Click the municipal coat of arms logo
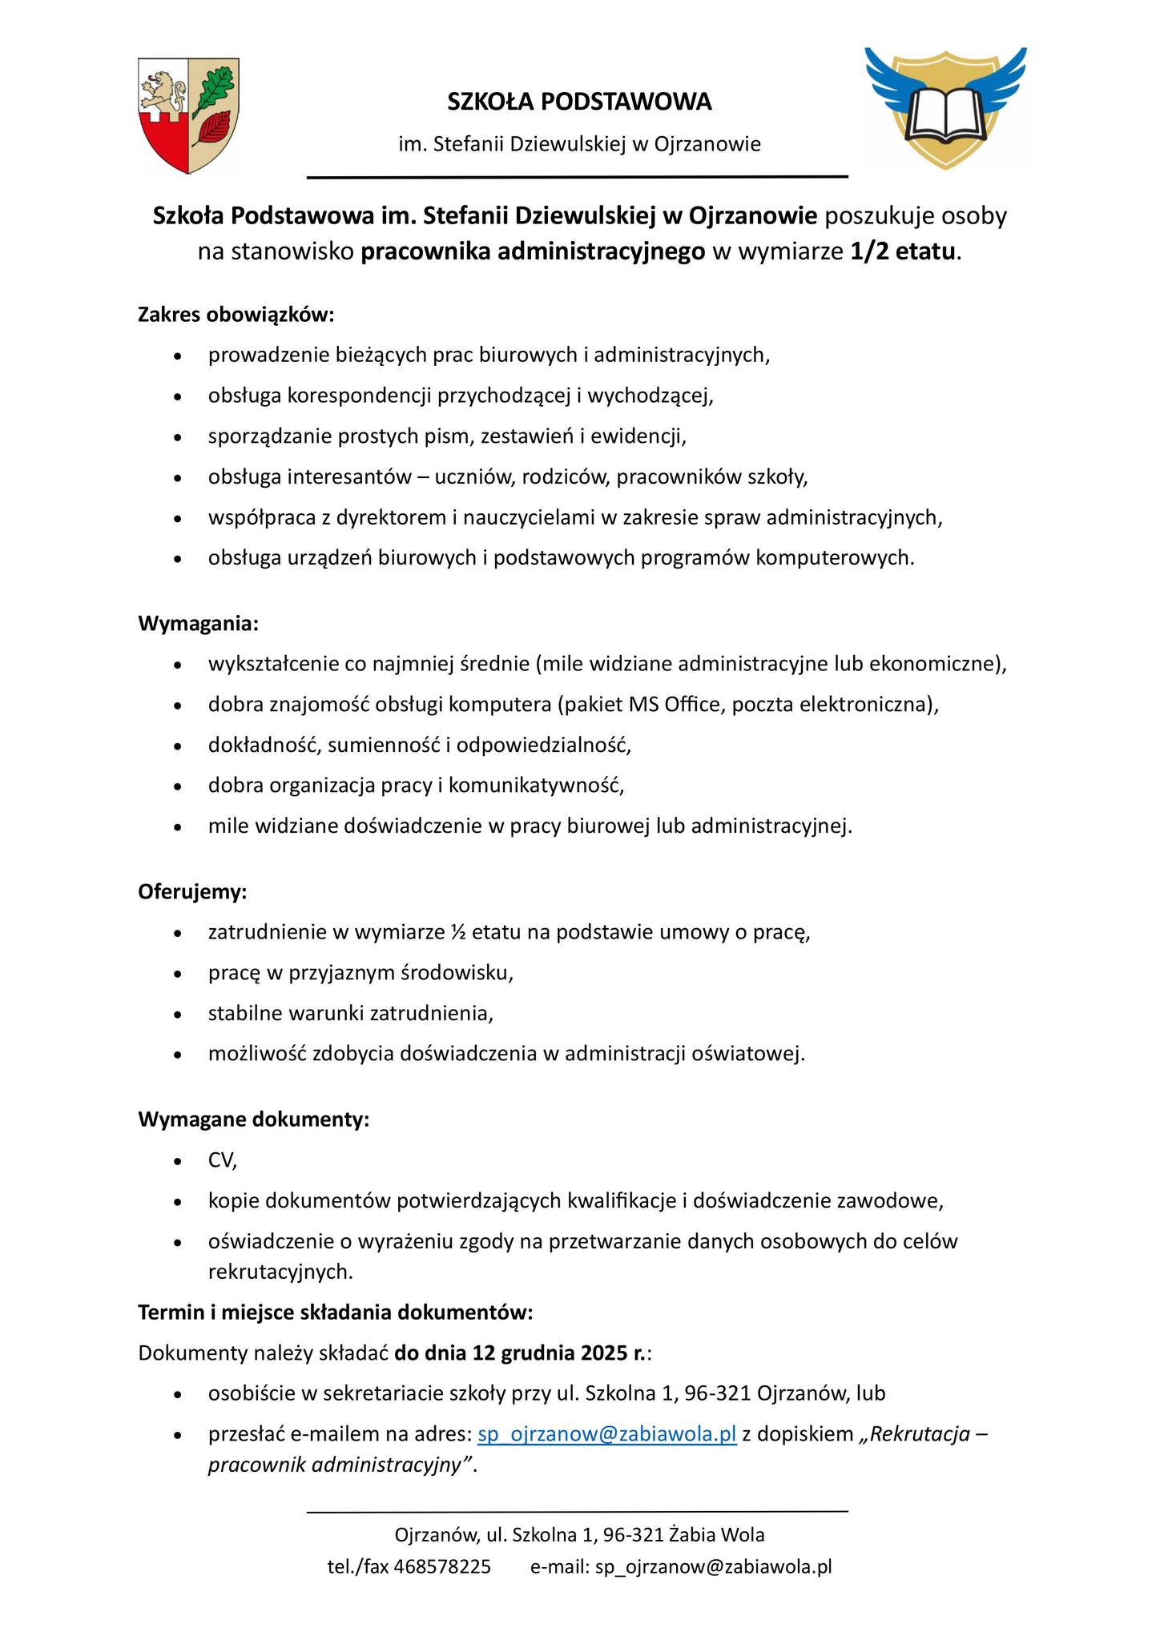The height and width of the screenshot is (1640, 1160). (x=188, y=115)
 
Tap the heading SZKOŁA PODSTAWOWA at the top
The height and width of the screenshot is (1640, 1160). (x=579, y=102)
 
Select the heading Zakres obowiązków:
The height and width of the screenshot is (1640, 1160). (x=236, y=315)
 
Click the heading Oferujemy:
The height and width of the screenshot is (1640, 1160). (x=192, y=891)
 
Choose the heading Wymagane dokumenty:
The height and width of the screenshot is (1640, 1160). (x=253, y=1119)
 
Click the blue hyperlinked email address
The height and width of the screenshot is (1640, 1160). (x=606, y=1433)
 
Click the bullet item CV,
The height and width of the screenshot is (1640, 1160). (x=223, y=1160)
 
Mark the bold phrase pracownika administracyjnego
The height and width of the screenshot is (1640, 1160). (x=534, y=252)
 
